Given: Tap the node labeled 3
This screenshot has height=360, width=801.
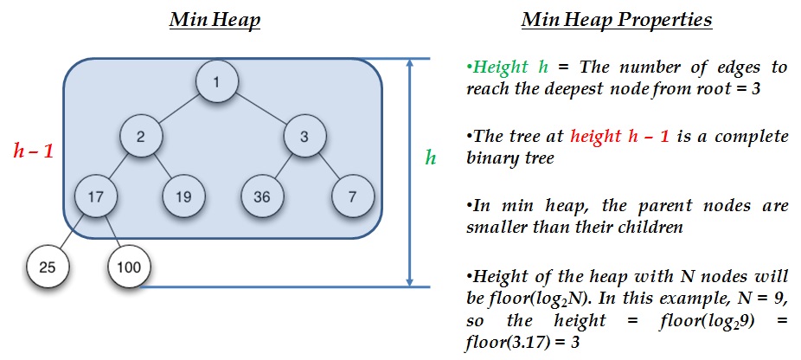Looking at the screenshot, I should pos(304,137).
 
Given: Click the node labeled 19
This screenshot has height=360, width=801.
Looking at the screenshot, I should pos(184,196).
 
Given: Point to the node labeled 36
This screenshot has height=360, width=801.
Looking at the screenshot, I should pos(262,196).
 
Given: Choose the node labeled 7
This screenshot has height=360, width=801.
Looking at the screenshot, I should pos(353,196).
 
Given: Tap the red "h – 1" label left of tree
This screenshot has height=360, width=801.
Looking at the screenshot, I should pos(34,151).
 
